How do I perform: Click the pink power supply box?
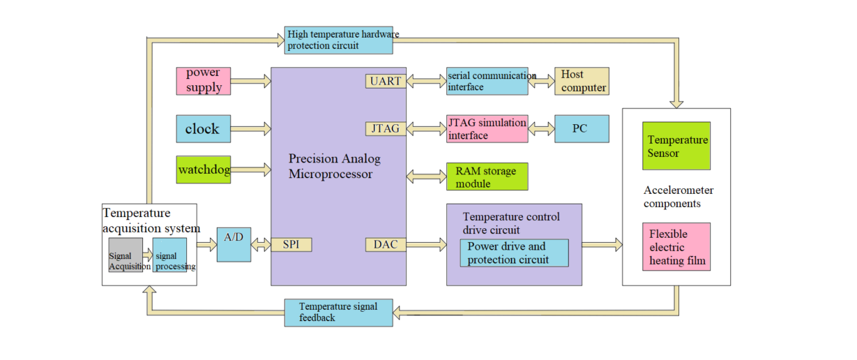coord(203,81)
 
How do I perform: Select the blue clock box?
coord(203,129)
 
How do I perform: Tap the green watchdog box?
coord(203,170)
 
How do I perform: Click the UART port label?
coord(386,81)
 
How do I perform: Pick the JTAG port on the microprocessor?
coord(386,128)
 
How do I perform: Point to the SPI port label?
coord(291,245)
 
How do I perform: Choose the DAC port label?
coord(386,244)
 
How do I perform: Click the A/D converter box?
coord(234,244)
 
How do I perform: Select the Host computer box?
coord(582,81)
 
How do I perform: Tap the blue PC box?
coord(582,129)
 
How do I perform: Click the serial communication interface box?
coord(487,81)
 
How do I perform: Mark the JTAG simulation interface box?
coord(487,129)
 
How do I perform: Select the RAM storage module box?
coord(487,177)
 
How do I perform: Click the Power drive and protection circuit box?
coord(514,253)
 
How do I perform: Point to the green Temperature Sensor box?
coord(676,146)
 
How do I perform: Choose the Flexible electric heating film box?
coord(676,247)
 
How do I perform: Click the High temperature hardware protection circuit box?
coord(338,40)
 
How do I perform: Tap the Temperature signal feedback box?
coord(338,313)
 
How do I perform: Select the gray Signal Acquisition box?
coord(126,255)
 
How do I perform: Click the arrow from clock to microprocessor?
coord(250,129)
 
